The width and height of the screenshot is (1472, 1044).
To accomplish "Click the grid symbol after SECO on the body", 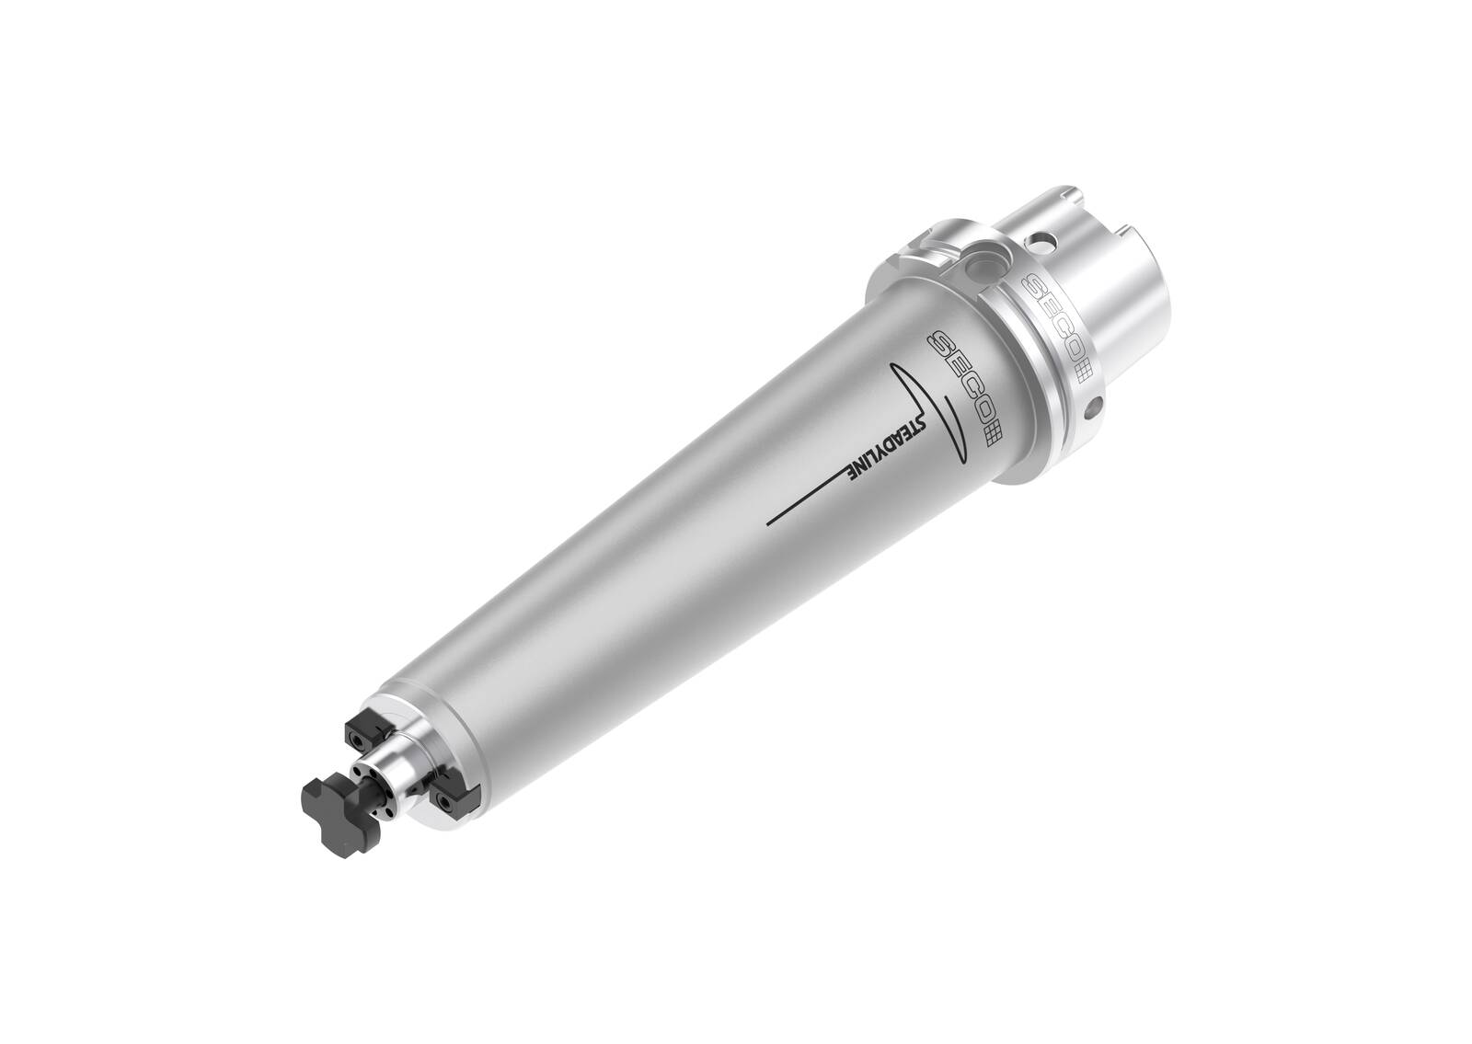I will (994, 432).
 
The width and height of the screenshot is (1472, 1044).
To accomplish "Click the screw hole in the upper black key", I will (356, 739).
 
